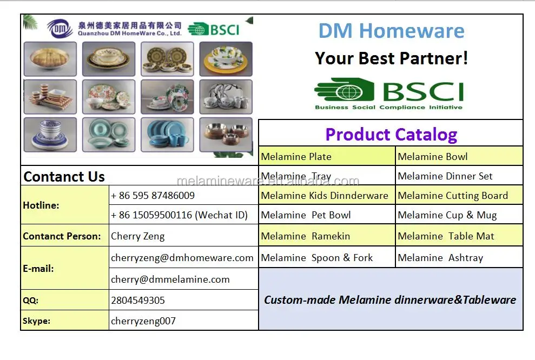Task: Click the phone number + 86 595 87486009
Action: tap(153, 196)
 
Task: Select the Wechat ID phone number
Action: tap(179, 215)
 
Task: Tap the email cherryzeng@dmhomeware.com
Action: tap(182, 258)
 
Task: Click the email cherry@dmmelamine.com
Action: tap(170, 279)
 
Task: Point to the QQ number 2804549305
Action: tap(138, 301)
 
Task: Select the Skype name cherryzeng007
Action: tap(143, 321)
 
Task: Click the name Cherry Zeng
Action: tap(137, 236)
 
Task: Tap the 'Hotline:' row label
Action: tap(41, 205)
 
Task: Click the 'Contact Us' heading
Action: tap(64, 177)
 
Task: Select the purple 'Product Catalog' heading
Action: tap(391, 135)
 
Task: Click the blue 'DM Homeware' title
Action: tap(391, 31)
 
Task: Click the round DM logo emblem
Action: tap(60, 28)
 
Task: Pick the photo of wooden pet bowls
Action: tap(226, 135)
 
